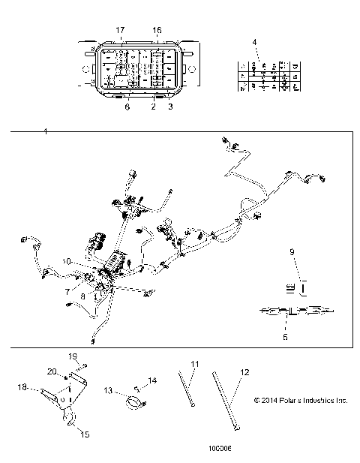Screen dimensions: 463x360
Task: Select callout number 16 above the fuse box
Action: coord(157,29)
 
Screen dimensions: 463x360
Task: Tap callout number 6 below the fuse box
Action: coord(127,107)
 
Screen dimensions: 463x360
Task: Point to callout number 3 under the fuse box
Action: coord(171,107)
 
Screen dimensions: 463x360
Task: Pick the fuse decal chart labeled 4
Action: coord(265,77)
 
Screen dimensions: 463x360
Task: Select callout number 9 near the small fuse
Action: coord(293,253)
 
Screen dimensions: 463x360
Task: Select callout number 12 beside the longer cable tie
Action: coord(244,371)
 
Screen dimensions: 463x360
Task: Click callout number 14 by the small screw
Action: coord(153,381)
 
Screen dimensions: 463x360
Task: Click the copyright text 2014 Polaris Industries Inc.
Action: coord(301,401)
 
